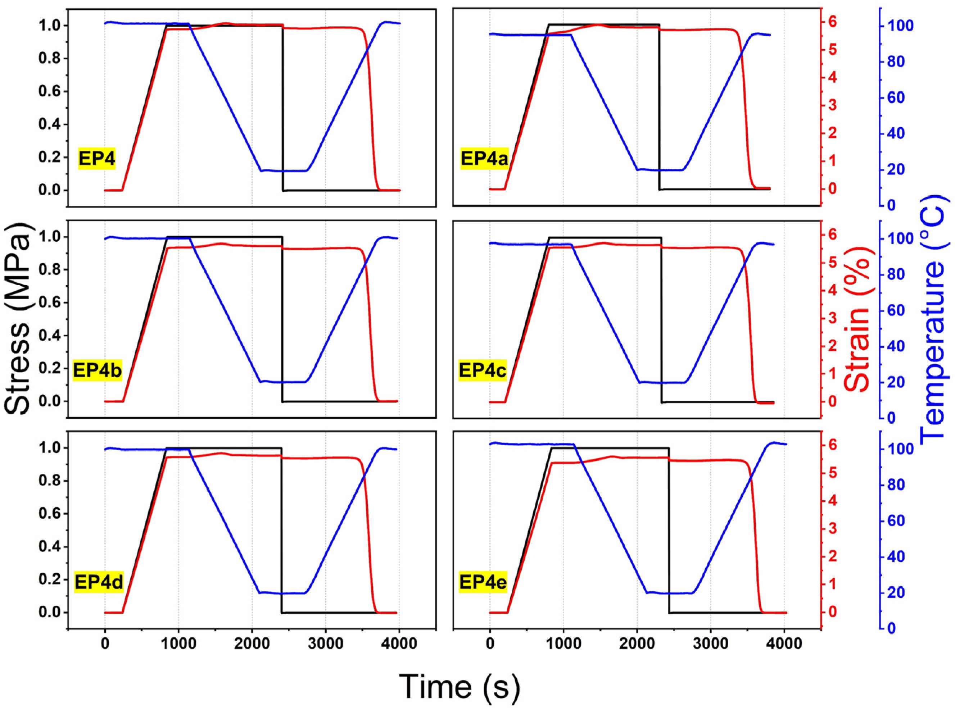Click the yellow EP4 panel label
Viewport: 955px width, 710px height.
click(x=96, y=159)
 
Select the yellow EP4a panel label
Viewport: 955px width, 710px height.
click(x=484, y=159)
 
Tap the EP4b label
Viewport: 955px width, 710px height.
click(x=97, y=370)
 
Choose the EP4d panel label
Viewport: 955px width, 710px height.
click(x=99, y=582)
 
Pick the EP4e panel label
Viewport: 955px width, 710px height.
click(x=483, y=582)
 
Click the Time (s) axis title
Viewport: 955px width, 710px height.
click(x=459, y=686)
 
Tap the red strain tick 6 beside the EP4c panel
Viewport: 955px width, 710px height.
click(x=834, y=235)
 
